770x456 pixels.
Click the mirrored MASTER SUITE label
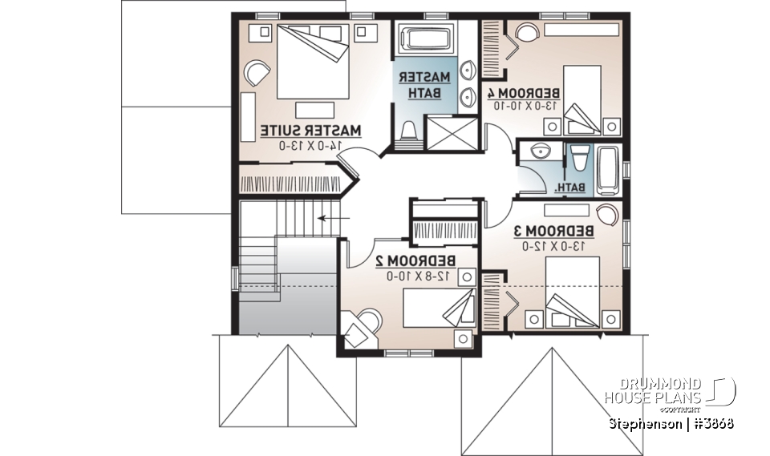pos(310,130)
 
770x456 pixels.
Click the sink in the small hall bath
pos(537,151)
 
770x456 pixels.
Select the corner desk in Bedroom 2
pos(359,325)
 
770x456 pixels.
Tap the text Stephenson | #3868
pos(671,422)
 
